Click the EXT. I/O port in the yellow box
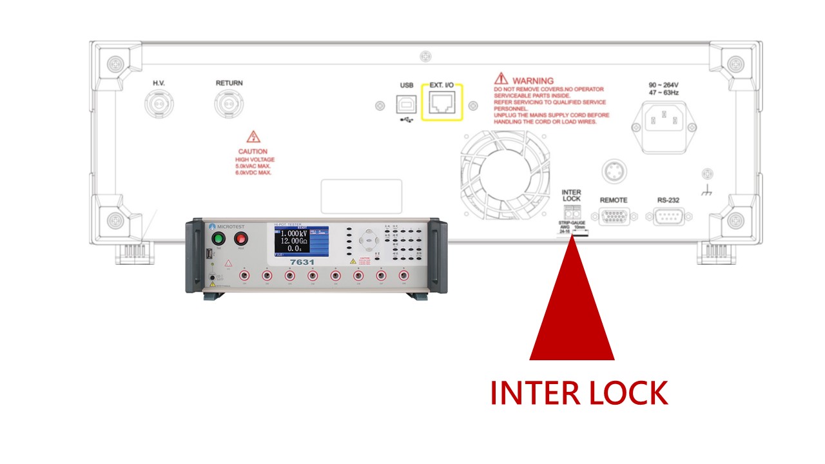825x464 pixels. click(x=442, y=102)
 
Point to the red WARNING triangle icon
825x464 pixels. click(x=501, y=79)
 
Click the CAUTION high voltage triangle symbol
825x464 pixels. click(x=253, y=137)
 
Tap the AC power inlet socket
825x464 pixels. click(x=663, y=121)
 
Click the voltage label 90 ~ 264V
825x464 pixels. click(x=663, y=84)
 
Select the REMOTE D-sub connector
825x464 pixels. click(x=614, y=216)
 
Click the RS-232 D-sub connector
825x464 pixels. click(x=668, y=216)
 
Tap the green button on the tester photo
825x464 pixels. click(x=217, y=239)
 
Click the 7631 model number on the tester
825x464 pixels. click(x=302, y=263)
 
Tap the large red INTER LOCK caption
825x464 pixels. click(x=578, y=392)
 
